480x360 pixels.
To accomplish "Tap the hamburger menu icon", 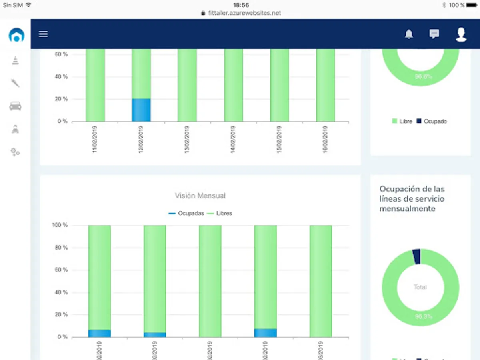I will [43, 34].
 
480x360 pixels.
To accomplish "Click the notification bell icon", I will [409, 34].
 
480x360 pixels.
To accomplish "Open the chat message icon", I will [434, 34].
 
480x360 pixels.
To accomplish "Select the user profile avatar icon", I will [461, 34].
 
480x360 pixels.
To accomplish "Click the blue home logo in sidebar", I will [16, 35].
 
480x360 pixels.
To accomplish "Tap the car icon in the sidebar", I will [15, 106].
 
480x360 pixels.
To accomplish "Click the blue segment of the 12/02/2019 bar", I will [141, 110].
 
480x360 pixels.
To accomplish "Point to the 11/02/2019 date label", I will [95, 139].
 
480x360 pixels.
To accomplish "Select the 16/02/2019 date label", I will [326, 139].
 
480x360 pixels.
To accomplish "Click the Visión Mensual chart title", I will [200, 196].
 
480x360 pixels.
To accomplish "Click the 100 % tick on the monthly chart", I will [60, 226].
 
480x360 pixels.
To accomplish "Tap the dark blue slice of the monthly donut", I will [416, 256].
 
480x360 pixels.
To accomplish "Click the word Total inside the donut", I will [420, 287].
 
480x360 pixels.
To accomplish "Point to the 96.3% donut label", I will [423, 317].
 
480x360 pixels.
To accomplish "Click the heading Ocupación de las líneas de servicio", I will [412, 199].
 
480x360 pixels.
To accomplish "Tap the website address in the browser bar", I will [244, 13].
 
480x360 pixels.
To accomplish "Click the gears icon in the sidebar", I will [15, 152].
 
